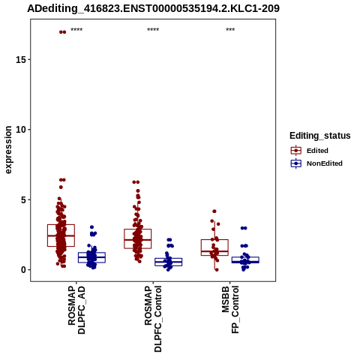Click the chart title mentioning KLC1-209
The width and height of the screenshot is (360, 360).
pyautogui.click(x=153, y=8)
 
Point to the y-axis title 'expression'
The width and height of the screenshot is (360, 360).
pyautogui.click(x=8, y=150)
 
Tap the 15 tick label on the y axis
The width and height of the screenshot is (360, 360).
pyautogui.click(x=21, y=59)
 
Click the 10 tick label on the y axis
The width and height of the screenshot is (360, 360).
pyautogui.click(x=21, y=130)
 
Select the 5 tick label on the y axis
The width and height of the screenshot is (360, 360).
pyautogui.click(x=24, y=199)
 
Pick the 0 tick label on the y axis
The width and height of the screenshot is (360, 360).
pyautogui.click(x=24, y=270)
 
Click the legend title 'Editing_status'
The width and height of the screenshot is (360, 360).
pyautogui.click(x=320, y=136)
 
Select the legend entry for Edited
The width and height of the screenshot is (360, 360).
pyautogui.click(x=317, y=151)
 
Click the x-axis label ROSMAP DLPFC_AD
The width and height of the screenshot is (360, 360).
pyautogui.click(x=76, y=310)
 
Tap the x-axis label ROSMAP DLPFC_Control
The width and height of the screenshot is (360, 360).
pyautogui.click(x=153, y=319)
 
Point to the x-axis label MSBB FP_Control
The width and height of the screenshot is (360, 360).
pyautogui.click(x=230, y=310)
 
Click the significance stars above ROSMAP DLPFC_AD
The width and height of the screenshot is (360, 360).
pyautogui.click(x=76, y=30)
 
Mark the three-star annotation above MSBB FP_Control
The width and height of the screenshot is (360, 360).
pyautogui.click(x=230, y=30)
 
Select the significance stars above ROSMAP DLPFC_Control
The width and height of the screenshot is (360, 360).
pyautogui.click(x=153, y=30)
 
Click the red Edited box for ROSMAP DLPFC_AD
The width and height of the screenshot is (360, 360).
pyautogui.click(x=61, y=235)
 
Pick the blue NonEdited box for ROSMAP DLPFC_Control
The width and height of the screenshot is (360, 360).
pyautogui.click(x=168, y=262)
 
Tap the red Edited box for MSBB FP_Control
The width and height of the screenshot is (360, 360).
pyautogui.click(x=214, y=247)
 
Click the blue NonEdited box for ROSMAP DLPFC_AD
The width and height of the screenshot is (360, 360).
pyautogui.click(x=91, y=257)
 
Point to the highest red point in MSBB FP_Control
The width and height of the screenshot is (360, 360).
pyautogui.click(x=214, y=211)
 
